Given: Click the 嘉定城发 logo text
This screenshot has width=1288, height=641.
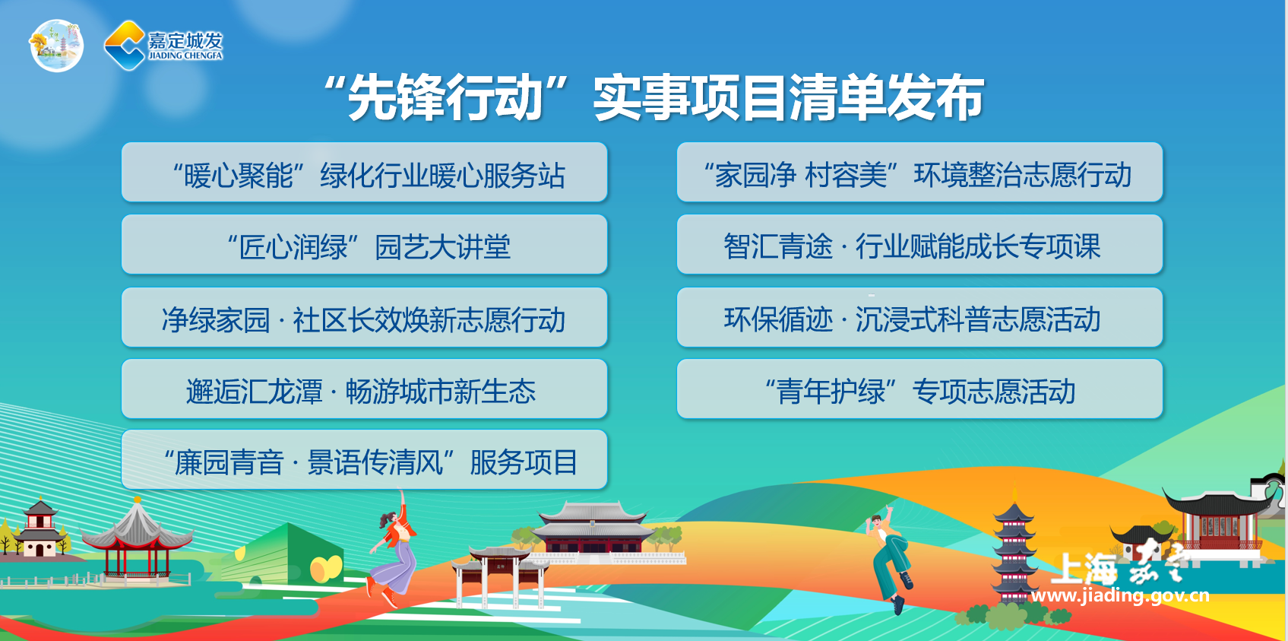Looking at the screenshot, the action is (185, 46).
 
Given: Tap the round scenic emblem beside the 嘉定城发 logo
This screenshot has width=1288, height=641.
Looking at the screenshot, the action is (56, 46).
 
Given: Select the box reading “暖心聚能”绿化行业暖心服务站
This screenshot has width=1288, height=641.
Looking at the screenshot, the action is (364, 172).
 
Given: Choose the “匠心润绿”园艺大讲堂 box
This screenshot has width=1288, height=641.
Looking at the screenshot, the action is (364, 245).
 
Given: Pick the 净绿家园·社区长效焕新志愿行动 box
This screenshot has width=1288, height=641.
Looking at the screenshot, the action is (364, 317).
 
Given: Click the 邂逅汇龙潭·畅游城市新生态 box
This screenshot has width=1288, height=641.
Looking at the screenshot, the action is (364, 389).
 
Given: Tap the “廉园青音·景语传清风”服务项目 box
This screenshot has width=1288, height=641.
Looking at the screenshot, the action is (364, 460).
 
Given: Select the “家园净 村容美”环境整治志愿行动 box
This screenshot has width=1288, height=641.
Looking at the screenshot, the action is (919, 172).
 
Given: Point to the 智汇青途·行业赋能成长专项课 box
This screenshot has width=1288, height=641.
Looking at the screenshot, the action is (919, 245).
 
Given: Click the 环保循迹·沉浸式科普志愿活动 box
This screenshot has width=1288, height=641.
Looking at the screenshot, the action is (919, 317).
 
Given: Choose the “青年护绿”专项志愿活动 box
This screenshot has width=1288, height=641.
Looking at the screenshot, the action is (919, 389).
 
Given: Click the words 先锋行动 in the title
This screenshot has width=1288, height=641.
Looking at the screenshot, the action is (445, 98).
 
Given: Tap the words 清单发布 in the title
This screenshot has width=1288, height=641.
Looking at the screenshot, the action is (885, 98).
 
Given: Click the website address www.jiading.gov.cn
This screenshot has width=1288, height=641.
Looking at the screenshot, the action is (1120, 595).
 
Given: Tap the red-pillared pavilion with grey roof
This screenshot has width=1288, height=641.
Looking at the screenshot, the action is (137, 538).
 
